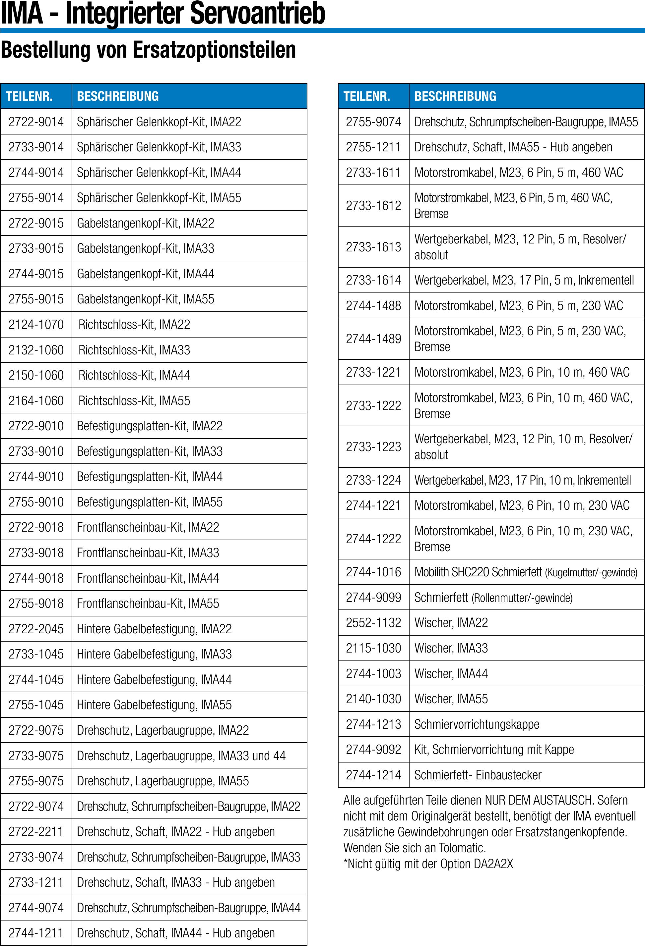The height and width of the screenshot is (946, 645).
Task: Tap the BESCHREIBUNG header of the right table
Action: tap(455, 96)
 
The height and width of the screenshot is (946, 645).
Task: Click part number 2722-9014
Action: tap(36, 122)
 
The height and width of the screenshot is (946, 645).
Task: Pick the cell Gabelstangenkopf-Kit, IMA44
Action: tap(146, 274)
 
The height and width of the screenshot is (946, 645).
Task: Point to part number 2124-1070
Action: tap(36, 324)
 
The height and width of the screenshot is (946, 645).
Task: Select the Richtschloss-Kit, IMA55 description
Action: tap(134, 400)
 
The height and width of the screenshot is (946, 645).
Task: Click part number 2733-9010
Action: tap(36, 451)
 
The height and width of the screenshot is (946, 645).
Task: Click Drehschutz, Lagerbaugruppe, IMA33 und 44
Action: tap(181, 756)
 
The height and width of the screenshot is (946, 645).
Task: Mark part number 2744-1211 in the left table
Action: tap(36, 933)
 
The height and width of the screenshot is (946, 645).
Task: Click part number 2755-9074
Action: tap(374, 122)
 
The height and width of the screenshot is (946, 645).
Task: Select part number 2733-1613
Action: tap(374, 247)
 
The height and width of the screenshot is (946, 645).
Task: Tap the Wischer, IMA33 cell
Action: tap(451, 648)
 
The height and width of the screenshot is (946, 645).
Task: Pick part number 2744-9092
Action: tap(374, 749)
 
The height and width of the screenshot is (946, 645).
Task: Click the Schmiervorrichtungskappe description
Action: tap(477, 724)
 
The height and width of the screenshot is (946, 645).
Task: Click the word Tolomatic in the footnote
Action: tap(461, 848)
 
